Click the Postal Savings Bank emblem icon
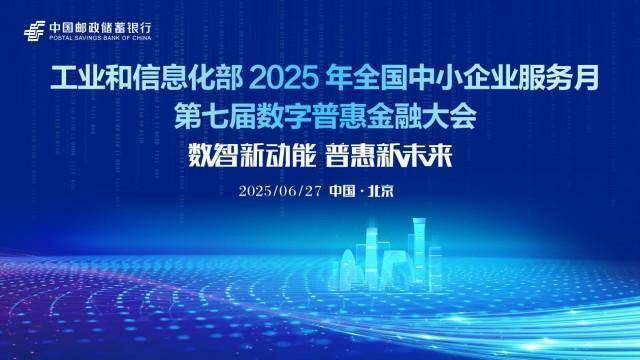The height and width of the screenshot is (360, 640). coord(33,29)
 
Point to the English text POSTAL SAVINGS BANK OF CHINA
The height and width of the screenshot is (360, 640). coord(96,35)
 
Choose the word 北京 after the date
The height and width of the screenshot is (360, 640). coord(380,191)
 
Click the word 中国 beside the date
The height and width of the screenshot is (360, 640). coord(342,191)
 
